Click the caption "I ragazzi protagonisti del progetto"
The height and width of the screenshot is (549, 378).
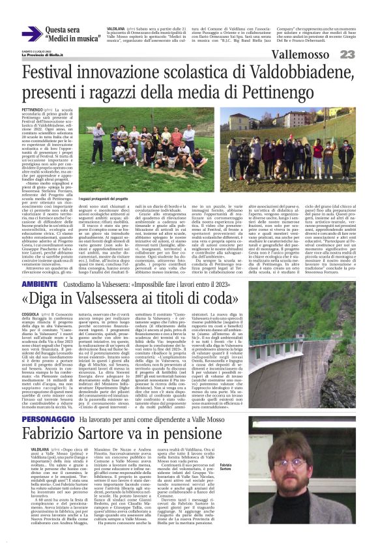coord(104,199)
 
